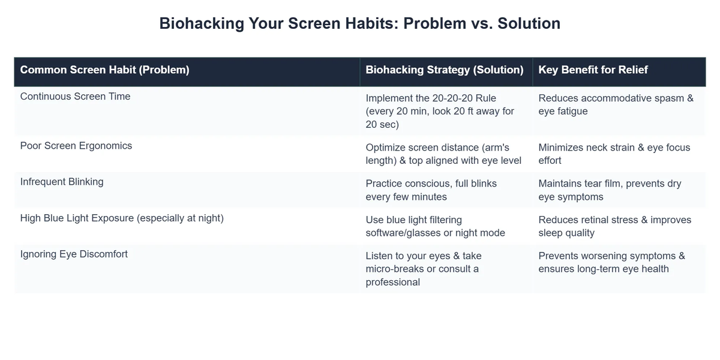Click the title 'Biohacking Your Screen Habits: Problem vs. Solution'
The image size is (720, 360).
click(359, 23)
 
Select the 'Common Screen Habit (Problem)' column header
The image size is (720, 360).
click(104, 70)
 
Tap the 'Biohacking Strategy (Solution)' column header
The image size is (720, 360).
click(445, 70)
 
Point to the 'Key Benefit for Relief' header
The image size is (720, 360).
click(593, 70)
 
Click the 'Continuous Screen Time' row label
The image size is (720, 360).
click(75, 97)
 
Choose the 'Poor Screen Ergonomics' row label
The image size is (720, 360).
click(76, 146)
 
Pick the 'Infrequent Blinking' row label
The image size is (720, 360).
click(62, 182)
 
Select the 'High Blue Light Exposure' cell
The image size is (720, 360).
click(122, 218)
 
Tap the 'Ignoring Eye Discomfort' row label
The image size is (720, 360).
click(74, 254)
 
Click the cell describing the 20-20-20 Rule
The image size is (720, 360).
click(440, 111)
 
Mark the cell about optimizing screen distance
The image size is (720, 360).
click(443, 154)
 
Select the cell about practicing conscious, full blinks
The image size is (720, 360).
click(431, 190)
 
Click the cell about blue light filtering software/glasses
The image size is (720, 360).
click(435, 226)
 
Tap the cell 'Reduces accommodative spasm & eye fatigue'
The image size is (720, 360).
click(616, 104)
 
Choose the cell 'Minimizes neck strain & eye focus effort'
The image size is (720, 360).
click(614, 154)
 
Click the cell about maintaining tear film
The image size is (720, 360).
click(610, 190)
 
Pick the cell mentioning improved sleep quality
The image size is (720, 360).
click(614, 226)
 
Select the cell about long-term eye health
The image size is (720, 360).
click(611, 262)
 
